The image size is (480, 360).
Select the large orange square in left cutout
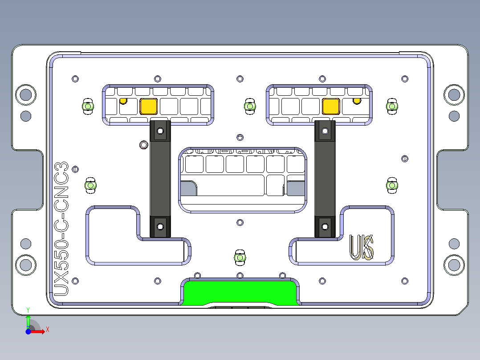[x=148, y=106]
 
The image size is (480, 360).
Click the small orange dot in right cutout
[x=356, y=101]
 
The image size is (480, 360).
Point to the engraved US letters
[x=362, y=247]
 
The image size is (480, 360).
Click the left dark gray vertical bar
[x=160, y=178]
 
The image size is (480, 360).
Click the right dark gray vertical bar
[x=325, y=178]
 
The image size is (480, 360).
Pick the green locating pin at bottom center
[x=240, y=258]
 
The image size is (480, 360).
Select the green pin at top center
[x=250, y=106]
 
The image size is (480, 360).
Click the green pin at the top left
[x=88, y=106]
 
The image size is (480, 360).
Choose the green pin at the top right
[x=392, y=106]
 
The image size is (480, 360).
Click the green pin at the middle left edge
[x=90, y=185]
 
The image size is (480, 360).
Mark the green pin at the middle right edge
[x=392, y=184]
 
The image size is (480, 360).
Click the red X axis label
[x=47, y=329]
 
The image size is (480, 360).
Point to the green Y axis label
[x=28, y=309]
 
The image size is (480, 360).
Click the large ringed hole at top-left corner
[x=25, y=94]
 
